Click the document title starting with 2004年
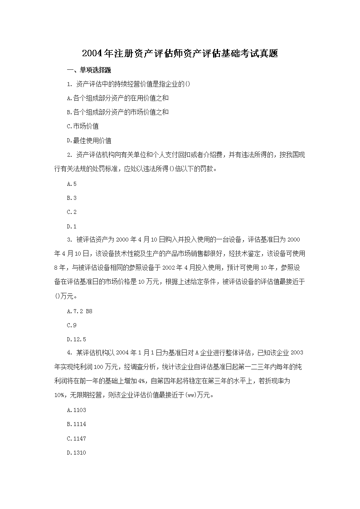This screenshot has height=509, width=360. pyautogui.click(x=180, y=53)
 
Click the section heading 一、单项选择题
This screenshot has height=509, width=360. pyautogui.click(x=89, y=70)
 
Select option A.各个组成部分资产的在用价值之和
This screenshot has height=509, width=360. pyautogui.click(x=117, y=98)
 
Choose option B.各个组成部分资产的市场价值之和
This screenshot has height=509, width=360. pyautogui.click(x=117, y=112)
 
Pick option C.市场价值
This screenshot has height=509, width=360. pyautogui.click(x=83, y=126)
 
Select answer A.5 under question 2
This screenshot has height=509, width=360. pyautogui.click(x=72, y=184)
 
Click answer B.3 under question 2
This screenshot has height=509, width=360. pyautogui.click(x=72, y=198)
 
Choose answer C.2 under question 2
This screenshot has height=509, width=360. pyautogui.click(x=72, y=212)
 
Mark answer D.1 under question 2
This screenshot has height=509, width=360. pyautogui.click(x=72, y=226)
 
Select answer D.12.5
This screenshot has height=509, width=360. pyautogui.click(x=76, y=339)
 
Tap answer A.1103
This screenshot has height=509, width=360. pyautogui.click(x=76, y=410)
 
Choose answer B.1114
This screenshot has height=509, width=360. pyautogui.click(x=76, y=424)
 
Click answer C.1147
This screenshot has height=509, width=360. pyautogui.click(x=76, y=438)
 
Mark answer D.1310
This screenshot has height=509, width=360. pyautogui.click(x=76, y=452)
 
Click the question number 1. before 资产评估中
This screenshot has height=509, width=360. pyautogui.click(x=69, y=84)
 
